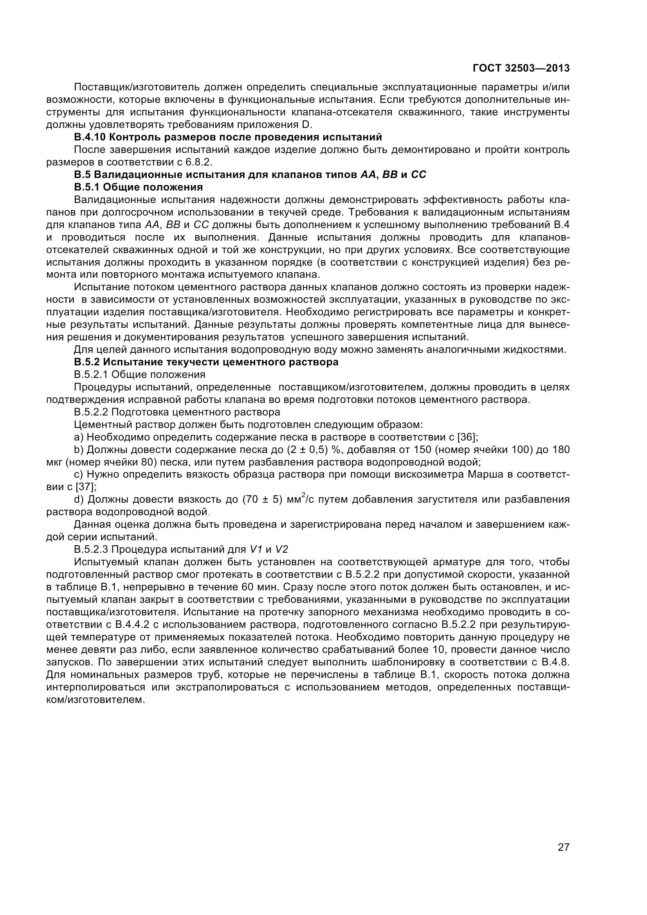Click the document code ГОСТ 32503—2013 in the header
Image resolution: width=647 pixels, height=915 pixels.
tap(521, 68)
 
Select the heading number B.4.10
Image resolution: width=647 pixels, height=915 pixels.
tap(90, 137)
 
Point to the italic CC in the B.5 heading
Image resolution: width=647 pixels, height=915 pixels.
tap(418, 174)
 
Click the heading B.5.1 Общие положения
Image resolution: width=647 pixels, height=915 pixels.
tap(138, 187)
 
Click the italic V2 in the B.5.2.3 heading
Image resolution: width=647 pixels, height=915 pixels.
tap(281, 549)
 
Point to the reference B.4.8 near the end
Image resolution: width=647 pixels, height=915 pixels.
tap(555, 662)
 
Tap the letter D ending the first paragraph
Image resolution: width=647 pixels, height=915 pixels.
tap(305, 124)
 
